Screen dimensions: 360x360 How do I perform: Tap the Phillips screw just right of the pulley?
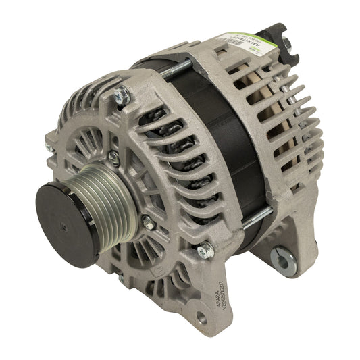point(144,218)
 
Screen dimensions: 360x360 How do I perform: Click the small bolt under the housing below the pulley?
point(121,277)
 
